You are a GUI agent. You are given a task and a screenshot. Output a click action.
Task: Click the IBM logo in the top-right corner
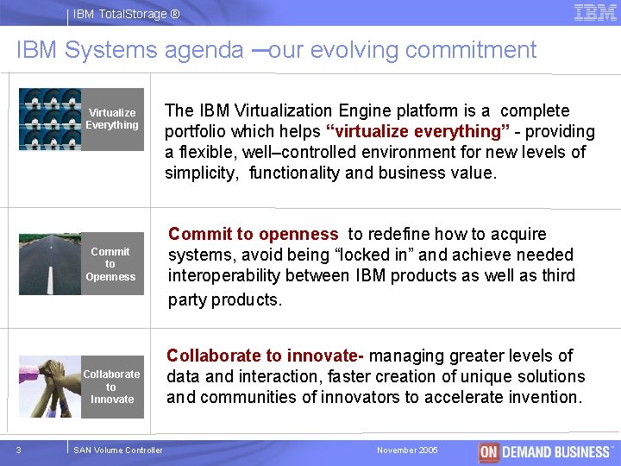click(595, 12)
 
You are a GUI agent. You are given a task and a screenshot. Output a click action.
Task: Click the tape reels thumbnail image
click(50, 119)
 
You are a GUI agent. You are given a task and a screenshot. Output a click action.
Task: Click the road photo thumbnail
click(50, 264)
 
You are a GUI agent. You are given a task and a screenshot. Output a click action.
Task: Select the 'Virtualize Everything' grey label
click(112, 119)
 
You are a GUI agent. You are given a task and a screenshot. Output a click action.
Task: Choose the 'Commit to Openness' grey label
click(110, 264)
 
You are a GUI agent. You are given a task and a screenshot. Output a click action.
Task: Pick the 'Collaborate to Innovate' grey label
click(111, 387)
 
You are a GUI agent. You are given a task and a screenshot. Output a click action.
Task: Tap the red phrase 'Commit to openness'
click(254, 234)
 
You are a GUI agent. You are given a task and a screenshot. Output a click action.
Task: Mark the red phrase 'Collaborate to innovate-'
click(267, 356)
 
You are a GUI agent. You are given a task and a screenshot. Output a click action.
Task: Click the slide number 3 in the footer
click(19, 449)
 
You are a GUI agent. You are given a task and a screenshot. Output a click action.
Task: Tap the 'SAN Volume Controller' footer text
click(118, 450)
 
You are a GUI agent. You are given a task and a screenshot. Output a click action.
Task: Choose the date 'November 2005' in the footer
click(407, 450)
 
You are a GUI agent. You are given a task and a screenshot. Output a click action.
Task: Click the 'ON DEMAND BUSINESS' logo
click(545, 451)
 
